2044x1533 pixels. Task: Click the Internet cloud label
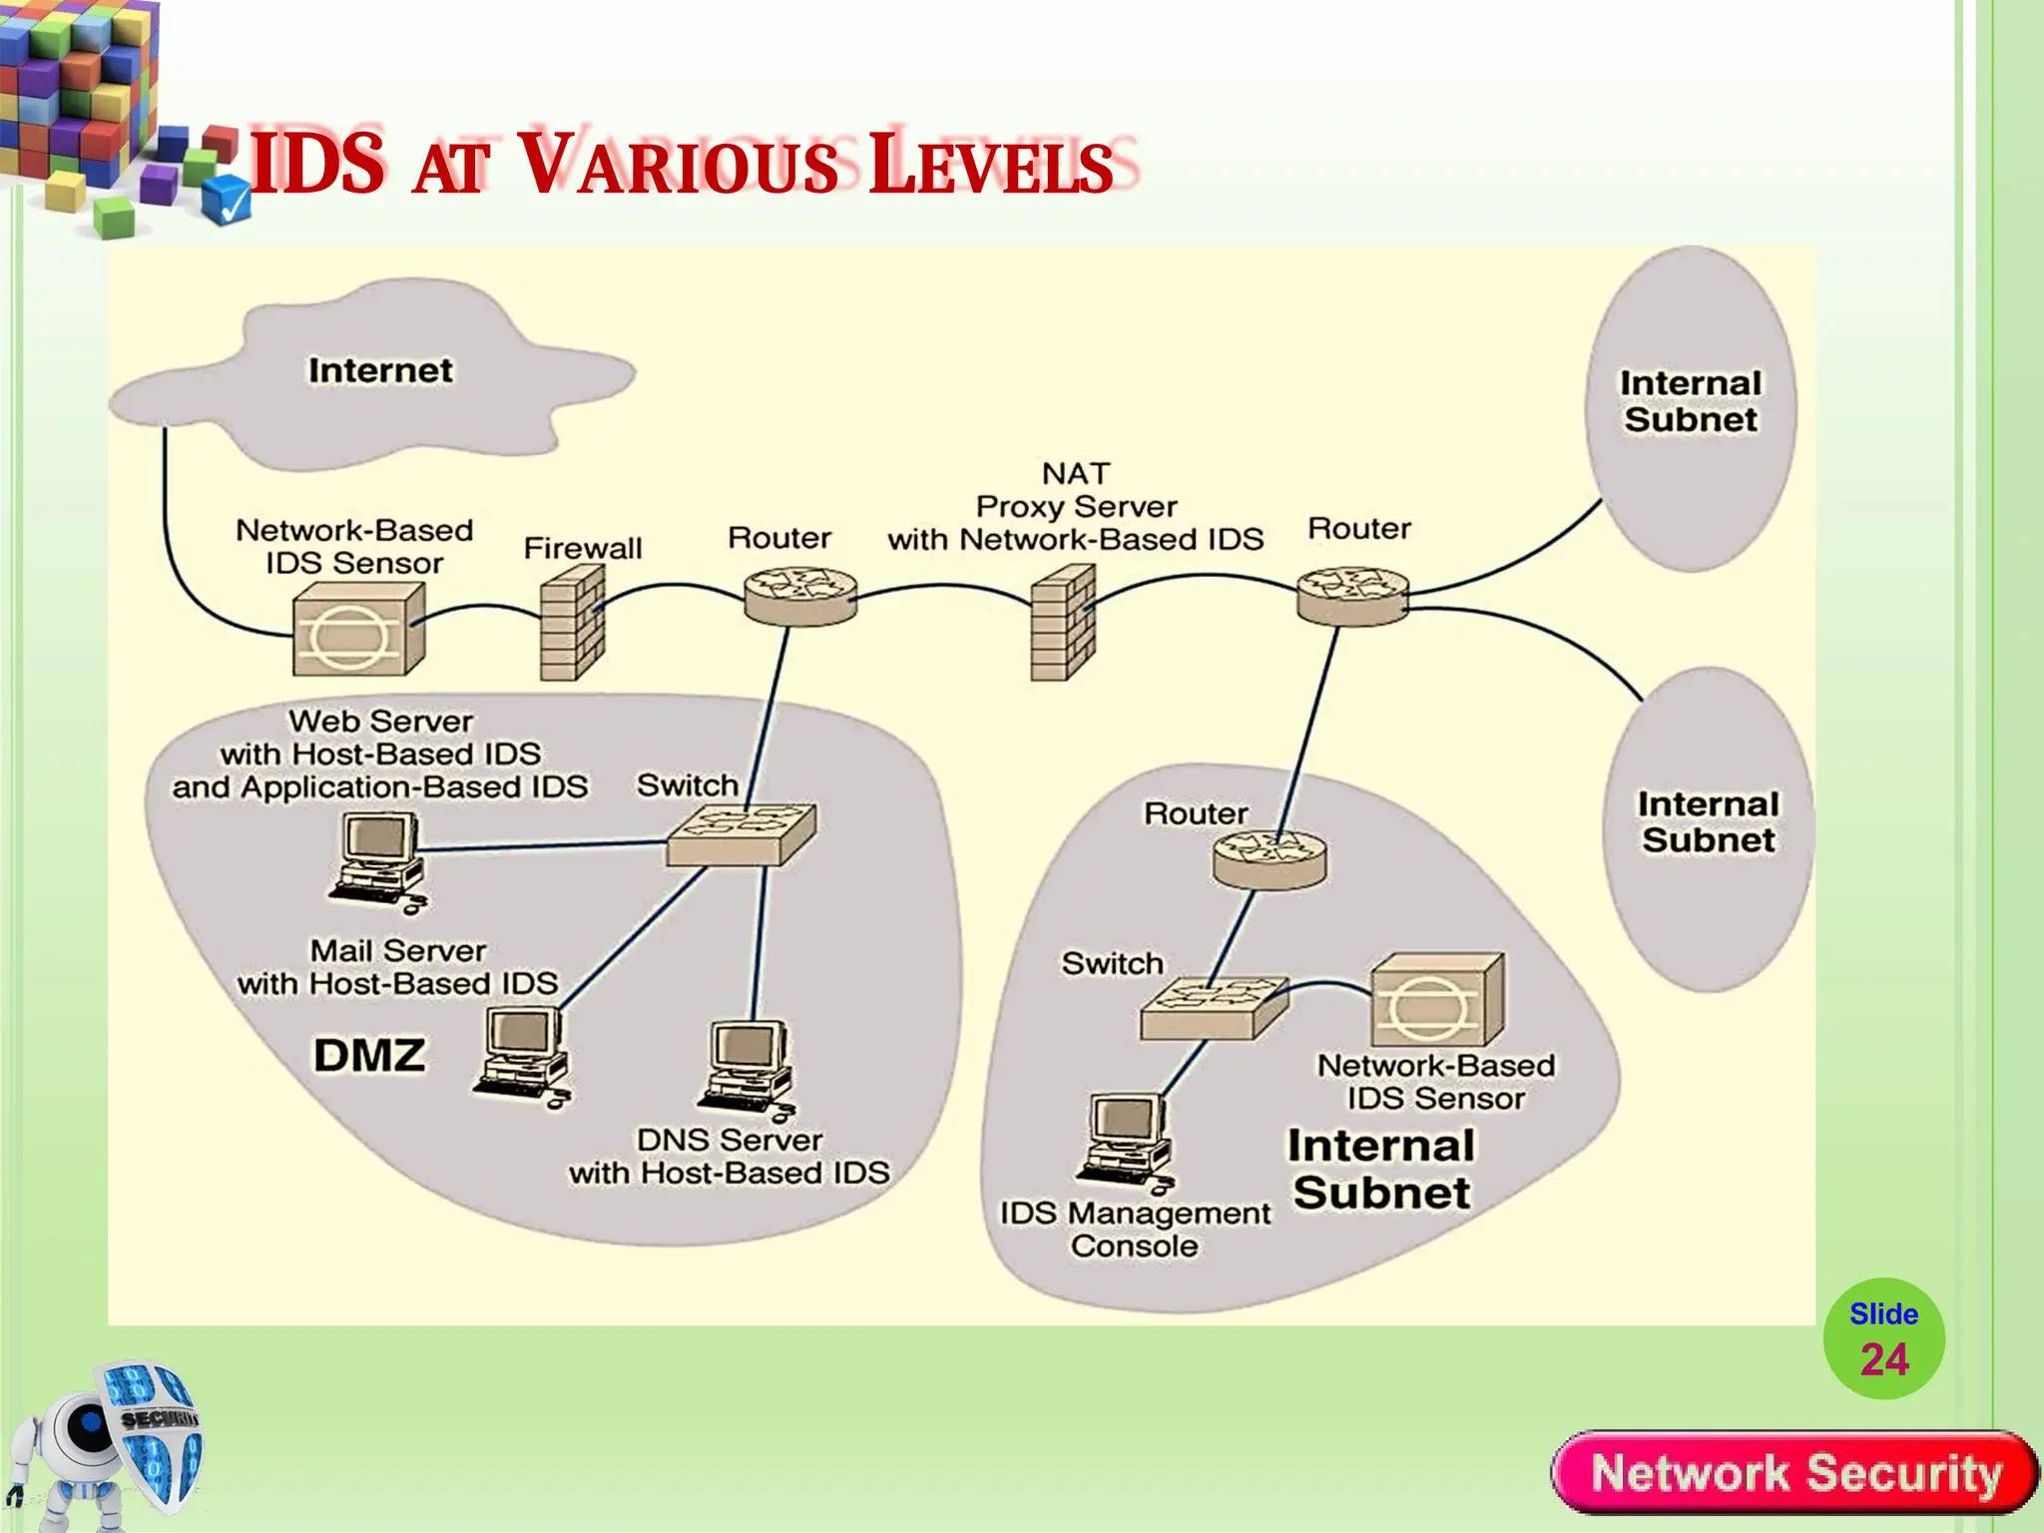[x=379, y=370]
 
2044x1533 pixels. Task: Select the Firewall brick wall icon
[x=572, y=623]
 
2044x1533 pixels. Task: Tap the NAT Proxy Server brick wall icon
[x=1062, y=623]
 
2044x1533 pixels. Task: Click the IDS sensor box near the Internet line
[x=358, y=630]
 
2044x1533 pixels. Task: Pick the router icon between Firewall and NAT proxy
[x=800, y=595]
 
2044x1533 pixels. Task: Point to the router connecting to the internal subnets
[x=1352, y=596]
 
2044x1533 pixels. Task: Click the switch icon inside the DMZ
[x=741, y=833]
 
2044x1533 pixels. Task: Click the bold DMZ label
[x=369, y=1055]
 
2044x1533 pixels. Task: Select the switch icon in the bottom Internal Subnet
[x=1214, y=1007]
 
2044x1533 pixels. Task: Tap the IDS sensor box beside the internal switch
[x=1436, y=1002]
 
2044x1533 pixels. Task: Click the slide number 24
[x=1883, y=1359]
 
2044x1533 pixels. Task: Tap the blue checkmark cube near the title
[x=227, y=200]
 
